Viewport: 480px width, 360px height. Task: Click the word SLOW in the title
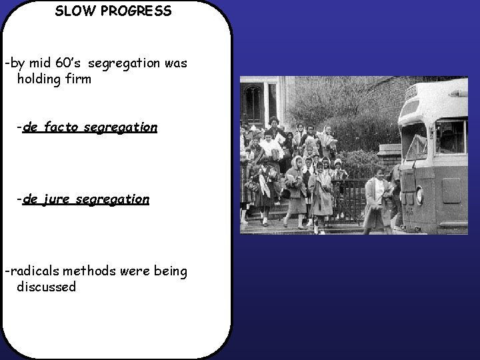click(x=71, y=11)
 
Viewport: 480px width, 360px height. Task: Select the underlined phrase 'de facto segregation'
click(x=90, y=127)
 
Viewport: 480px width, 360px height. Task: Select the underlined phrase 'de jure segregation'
click(x=86, y=199)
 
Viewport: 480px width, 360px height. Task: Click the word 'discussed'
click(x=47, y=287)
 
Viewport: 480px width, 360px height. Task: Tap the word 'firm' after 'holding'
click(x=77, y=79)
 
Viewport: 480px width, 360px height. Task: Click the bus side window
click(x=451, y=137)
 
